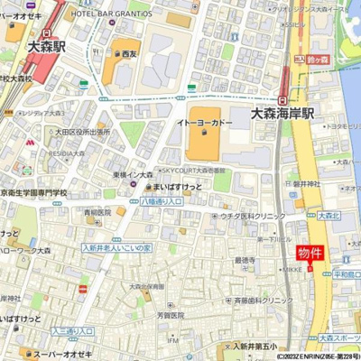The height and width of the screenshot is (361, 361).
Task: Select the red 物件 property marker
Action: tap(310, 254)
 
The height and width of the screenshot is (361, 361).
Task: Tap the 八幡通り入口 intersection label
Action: tap(162, 201)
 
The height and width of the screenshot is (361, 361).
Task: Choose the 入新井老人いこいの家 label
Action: tap(116, 246)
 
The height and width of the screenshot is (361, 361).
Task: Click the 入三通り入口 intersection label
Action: tap(72, 331)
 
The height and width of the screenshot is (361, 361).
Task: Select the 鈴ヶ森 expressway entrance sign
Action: tap(316, 59)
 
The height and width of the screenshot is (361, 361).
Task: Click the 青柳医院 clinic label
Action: tap(97, 213)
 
